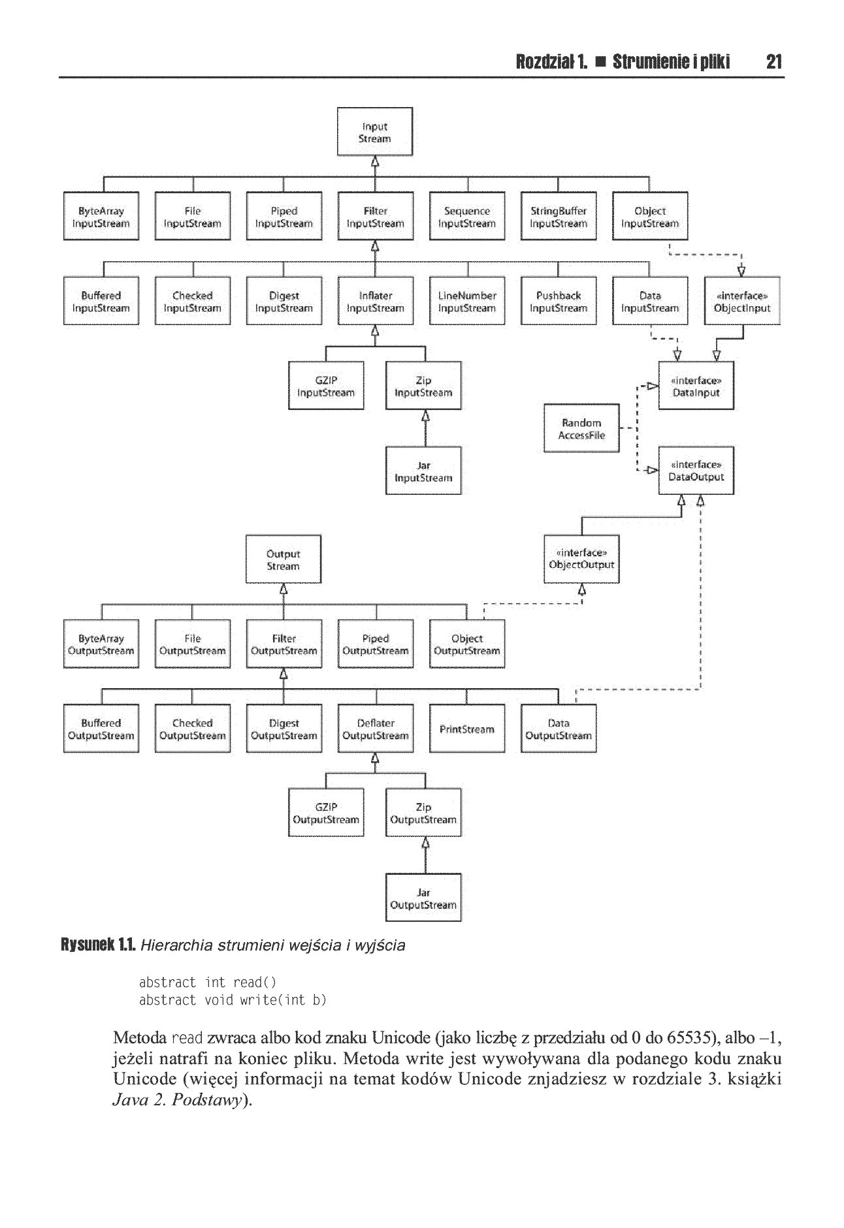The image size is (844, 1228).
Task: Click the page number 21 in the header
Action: [774, 62]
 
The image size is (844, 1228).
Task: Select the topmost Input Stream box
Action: [375, 132]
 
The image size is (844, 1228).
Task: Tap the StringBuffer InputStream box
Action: [559, 216]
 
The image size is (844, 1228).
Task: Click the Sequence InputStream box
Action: [467, 216]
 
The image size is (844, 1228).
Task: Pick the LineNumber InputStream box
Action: [467, 301]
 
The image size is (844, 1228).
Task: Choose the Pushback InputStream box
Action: [559, 301]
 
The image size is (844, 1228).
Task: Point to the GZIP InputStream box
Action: [326, 386]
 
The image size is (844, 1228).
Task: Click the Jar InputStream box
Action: [423, 471]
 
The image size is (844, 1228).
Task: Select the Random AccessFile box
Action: [581, 428]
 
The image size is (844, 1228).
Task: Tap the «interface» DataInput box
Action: [696, 386]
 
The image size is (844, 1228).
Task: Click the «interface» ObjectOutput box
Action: [581, 559]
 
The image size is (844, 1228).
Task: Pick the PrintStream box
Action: [467, 729]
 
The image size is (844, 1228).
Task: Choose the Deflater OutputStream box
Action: [376, 729]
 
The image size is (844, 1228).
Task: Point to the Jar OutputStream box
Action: [423, 898]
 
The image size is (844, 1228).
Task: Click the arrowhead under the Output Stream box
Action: [284, 588]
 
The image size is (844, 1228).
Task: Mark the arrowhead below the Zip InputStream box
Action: [425, 415]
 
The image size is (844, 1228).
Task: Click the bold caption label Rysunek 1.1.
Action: [98, 945]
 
